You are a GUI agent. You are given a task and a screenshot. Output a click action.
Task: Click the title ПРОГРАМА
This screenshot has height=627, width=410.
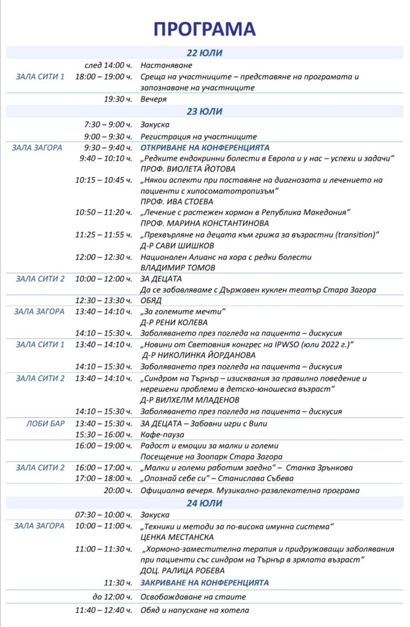coord(204,30)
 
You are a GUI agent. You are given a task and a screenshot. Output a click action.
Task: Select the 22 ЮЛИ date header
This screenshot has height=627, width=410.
coord(204,53)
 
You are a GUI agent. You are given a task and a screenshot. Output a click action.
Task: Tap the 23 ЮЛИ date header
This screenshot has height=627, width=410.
coord(204,111)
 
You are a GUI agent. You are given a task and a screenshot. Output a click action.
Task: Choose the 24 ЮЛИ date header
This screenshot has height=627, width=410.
coord(204,503)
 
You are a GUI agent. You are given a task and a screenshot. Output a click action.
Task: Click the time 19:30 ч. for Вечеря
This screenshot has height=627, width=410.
coord(118,99)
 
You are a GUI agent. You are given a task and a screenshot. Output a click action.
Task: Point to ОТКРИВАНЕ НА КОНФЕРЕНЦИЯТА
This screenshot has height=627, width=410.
coord(205,147)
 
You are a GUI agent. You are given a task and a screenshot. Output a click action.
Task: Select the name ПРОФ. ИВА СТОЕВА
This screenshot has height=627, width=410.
coord(174,201)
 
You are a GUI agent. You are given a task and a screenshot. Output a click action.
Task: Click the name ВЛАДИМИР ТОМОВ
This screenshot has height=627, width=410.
coord(178,268)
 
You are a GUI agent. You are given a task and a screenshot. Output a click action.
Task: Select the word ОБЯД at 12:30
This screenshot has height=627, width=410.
coord(151,301)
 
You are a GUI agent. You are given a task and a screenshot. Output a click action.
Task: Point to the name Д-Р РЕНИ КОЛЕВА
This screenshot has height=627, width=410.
coord(174,322)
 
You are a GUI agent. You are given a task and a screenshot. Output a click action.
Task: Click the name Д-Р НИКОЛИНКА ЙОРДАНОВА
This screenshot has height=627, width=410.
coord(199,355)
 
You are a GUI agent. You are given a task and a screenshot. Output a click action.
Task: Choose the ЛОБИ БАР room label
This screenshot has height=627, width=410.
coord(45,423)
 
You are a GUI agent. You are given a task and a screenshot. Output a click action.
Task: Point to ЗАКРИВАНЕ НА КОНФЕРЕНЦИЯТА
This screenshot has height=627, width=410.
coord(204,582)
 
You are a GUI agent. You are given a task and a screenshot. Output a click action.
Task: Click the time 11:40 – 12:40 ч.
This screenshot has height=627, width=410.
coord(103,610)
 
